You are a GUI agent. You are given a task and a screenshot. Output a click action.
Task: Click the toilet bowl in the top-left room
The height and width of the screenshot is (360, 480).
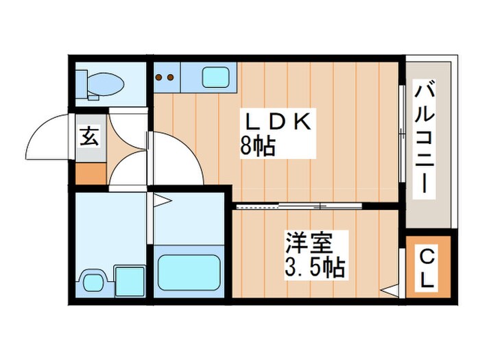[107, 84]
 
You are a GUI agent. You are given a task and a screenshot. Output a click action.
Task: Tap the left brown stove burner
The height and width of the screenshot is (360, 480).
[159, 77]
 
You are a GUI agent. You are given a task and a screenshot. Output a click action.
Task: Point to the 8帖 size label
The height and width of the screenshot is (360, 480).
[257, 146]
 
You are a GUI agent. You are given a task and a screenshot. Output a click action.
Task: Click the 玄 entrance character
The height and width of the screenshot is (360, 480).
[91, 135]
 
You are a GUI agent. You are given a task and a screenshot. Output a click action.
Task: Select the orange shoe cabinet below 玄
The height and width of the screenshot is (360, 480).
[91, 173]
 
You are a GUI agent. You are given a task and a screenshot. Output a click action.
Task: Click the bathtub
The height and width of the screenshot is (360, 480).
[189, 272]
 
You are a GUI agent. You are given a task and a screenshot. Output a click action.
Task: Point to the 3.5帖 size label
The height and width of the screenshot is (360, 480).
[314, 266]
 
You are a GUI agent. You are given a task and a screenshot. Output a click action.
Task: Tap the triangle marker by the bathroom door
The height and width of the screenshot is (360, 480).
[161, 201]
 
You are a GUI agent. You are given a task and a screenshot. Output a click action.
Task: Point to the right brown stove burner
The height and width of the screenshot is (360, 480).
[169, 77]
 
